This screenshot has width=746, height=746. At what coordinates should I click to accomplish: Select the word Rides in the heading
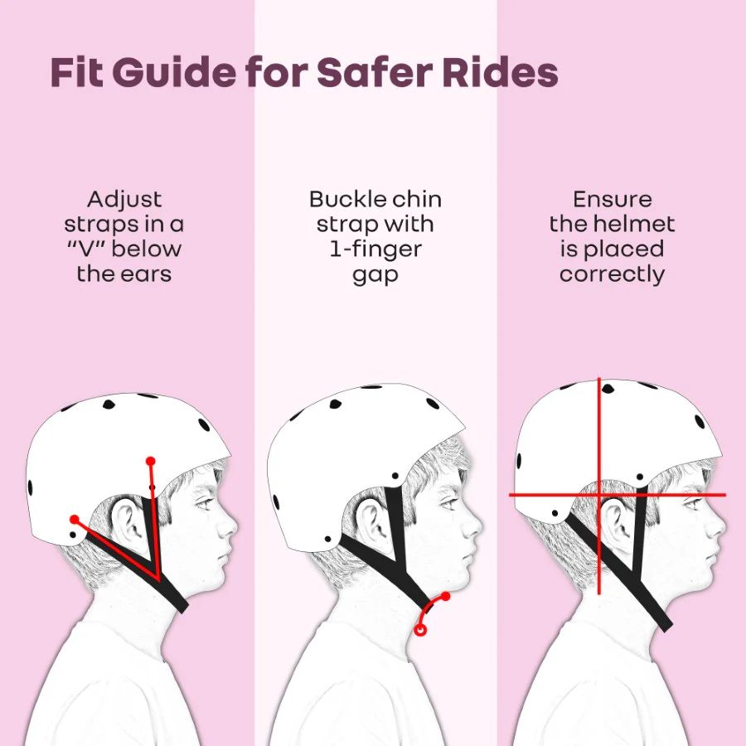click(500, 73)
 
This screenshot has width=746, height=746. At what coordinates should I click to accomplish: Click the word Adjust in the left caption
click(124, 200)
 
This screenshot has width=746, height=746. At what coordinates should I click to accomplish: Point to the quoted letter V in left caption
click(86, 249)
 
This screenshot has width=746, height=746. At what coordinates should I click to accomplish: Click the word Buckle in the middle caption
click(342, 199)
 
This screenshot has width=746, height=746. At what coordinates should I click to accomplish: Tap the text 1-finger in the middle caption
click(375, 249)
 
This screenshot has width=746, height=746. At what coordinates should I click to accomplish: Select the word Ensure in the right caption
click(613, 199)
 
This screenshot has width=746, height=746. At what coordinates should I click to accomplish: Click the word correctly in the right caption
click(612, 275)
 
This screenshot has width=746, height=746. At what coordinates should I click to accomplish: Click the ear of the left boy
click(125, 521)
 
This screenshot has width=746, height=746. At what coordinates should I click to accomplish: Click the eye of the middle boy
click(449, 502)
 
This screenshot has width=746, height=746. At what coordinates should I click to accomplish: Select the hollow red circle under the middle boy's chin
click(419, 630)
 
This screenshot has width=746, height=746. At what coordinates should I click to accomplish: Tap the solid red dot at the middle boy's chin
click(445, 596)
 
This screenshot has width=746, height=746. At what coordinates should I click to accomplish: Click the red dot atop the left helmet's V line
click(151, 461)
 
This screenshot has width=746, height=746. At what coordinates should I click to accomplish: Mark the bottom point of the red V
click(157, 580)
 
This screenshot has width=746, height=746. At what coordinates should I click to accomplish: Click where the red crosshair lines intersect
click(599, 495)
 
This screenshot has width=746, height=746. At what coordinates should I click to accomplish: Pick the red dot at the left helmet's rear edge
click(75, 519)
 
